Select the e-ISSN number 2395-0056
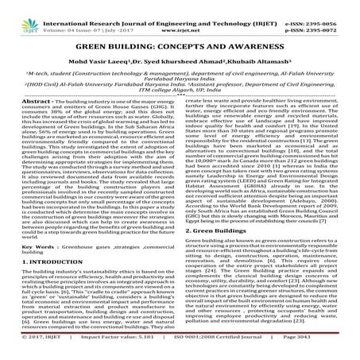(x=333, y=5)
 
